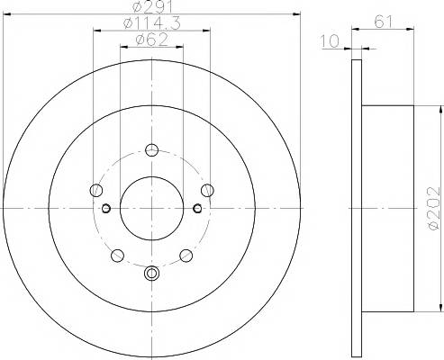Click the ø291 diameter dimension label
click(152, 7)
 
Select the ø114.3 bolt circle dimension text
click(152, 23)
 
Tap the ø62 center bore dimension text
click(152, 40)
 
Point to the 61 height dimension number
click(384, 22)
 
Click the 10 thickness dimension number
click(330, 41)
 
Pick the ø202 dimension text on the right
click(434, 209)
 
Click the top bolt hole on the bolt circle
click(151, 149)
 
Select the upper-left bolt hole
click(96, 190)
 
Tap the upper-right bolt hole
click(207, 190)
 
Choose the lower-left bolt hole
click(117, 256)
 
